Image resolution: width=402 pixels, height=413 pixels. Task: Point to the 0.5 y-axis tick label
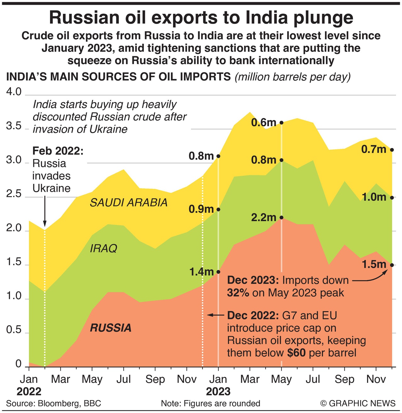pyautogui.click(x=14, y=330)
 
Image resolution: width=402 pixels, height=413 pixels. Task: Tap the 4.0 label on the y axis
pyautogui.click(x=14, y=92)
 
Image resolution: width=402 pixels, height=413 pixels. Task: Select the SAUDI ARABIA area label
pyautogui.click(x=129, y=203)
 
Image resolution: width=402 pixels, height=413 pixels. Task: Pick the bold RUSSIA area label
pyautogui.click(x=110, y=328)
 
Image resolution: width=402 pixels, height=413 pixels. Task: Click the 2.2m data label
pyautogui.click(x=264, y=218)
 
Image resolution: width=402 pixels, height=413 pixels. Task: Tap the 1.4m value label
pyautogui.click(x=201, y=272)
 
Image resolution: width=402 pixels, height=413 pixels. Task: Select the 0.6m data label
pyautogui.click(x=264, y=123)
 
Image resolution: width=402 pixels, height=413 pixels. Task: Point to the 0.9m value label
pyautogui.click(x=201, y=209)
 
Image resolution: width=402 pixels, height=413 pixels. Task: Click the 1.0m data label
pyautogui.click(x=374, y=197)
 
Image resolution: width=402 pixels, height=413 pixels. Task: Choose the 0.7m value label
pyautogui.click(x=374, y=149)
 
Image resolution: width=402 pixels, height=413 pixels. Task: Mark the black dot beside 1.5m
pyautogui.click(x=392, y=265)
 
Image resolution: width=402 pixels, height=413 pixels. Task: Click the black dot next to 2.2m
pyautogui.click(x=282, y=218)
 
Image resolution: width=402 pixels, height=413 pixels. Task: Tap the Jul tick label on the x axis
pyautogui.click(x=124, y=379)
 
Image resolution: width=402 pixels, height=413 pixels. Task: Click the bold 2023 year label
pyautogui.click(x=218, y=392)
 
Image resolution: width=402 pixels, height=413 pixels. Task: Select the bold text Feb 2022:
pyautogui.click(x=58, y=151)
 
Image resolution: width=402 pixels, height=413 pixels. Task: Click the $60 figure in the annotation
pyautogui.click(x=296, y=353)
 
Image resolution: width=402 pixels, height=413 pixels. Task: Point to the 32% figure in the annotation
pyautogui.click(x=238, y=293)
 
